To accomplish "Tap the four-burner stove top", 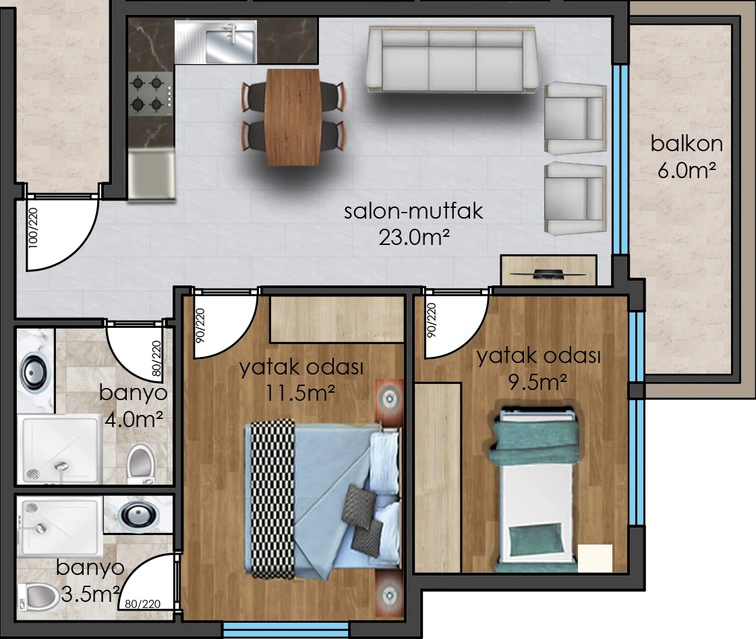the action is click(150, 93).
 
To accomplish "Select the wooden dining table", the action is click(293, 117).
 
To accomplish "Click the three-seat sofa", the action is click(453, 59).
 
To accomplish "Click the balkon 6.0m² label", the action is click(687, 157).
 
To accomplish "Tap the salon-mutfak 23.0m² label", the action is click(413, 224).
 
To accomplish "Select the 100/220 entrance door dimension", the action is click(33, 227).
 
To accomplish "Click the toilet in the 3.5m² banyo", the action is click(38, 596).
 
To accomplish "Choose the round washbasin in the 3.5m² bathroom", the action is click(138, 515).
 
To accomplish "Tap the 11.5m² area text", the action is click(300, 393).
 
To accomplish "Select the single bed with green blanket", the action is click(535, 489).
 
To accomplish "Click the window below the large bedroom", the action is click(286, 630).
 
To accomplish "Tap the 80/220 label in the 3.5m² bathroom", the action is click(142, 603).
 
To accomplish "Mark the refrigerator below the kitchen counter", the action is click(151, 175).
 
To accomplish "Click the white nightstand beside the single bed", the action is click(595, 559).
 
